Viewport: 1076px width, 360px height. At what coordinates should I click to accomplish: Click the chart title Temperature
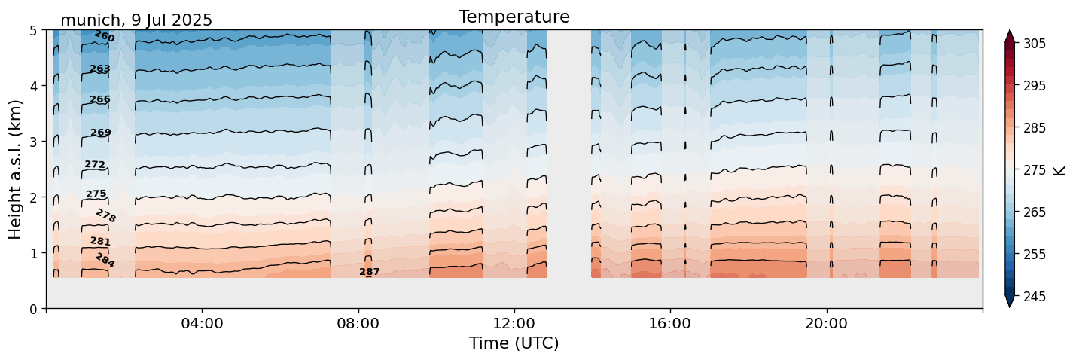pyautogui.click(x=514, y=17)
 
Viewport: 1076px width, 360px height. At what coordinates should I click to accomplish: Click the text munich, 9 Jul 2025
pyautogui.click(x=136, y=20)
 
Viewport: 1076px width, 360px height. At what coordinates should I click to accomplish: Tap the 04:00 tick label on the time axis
pyautogui.click(x=202, y=324)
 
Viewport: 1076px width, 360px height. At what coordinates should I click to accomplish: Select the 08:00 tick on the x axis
pyautogui.click(x=358, y=324)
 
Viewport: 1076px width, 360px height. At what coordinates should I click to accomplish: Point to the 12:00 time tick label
pyautogui.click(x=514, y=324)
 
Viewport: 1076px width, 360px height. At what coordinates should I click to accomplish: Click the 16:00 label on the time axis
pyautogui.click(x=670, y=324)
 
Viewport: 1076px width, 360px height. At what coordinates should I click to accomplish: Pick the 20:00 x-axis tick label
pyautogui.click(x=827, y=324)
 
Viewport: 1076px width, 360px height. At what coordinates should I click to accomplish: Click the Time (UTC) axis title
pyautogui.click(x=514, y=343)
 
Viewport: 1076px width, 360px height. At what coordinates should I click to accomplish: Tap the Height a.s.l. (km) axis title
pyautogui.click(x=16, y=169)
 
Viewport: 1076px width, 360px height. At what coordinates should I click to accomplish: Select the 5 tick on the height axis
pyautogui.click(x=34, y=30)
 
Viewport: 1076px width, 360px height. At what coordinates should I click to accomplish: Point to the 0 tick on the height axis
pyautogui.click(x=34, y=308)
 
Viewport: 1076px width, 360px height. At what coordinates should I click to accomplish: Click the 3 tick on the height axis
pyautogui.click(x=34, y=142)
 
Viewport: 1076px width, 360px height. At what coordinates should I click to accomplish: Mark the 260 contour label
pyautogui.click(x=104, y=36)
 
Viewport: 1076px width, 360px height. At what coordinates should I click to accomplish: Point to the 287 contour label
pyautogui.click(x=370, y=272)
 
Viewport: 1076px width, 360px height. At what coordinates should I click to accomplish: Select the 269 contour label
pyautogui.click(x=101, y=133)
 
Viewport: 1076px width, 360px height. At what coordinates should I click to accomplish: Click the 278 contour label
pyautogui.click(x=106, y=216)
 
